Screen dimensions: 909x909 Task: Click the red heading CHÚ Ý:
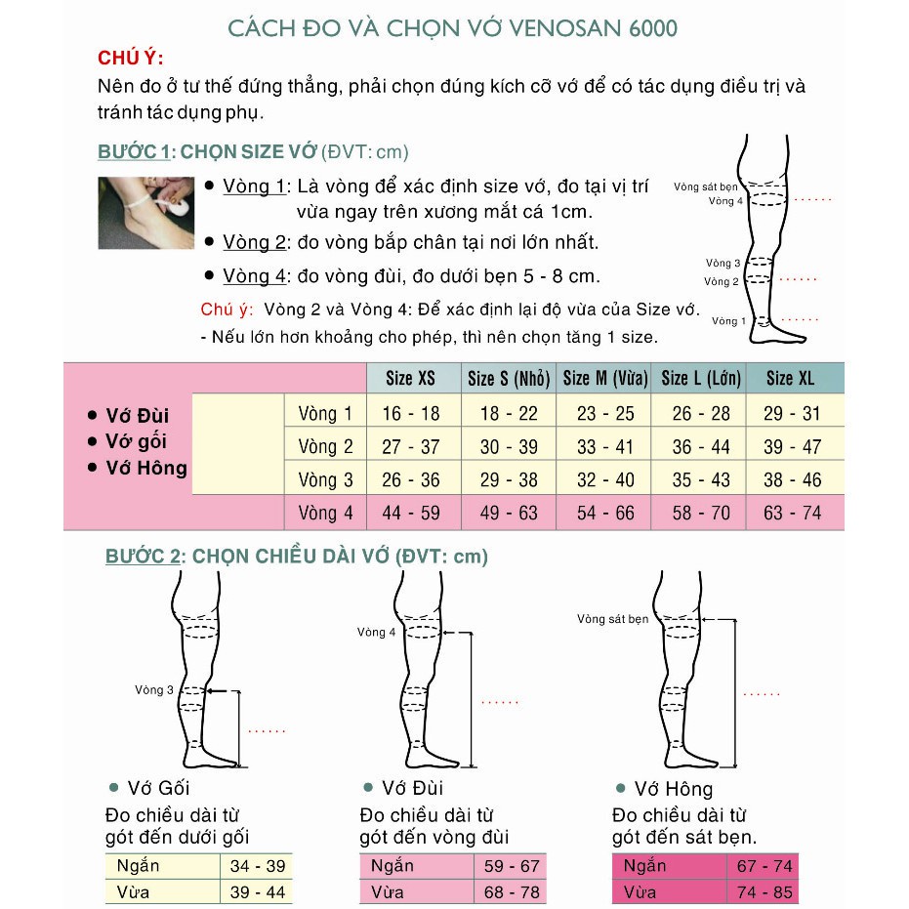(x=131, y=59)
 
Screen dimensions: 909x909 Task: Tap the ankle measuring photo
(x=145, y=213)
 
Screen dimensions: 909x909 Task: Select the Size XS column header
(x=411, y=378)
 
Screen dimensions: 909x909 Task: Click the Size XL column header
(x=792, y=378)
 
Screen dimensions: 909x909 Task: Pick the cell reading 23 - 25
(x=605, y=413)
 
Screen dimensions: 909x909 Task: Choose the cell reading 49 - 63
(x=509, y=513)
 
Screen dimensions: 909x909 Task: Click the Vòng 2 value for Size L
(x=701, y=446)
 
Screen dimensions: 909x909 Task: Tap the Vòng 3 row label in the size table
(x=325, y=479)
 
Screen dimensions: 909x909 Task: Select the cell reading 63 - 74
(x=792, y=513)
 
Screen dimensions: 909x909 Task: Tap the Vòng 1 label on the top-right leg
(x=728, y=320)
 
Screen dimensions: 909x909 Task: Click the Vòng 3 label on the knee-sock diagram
(x=154, y=690)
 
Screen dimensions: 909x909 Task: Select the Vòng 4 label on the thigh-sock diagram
(x=377, y=632)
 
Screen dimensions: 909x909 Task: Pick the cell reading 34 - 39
(x=257, y=866)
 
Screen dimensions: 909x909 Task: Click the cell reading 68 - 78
(x=512, y=891)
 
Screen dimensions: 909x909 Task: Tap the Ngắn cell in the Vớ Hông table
(x=643, y=866)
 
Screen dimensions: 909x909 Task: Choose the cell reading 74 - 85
(x=764, y=891)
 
